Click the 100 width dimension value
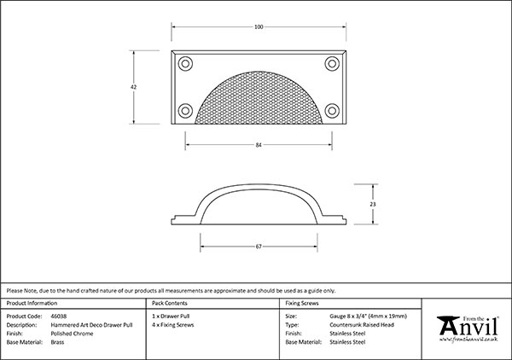(259, 27)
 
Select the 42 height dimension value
(134, 87)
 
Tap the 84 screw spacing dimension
(259, 145)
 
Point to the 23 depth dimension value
(373, 205)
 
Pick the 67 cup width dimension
(259, 247)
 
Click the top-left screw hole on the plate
(185, 64)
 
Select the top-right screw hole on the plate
(332, 64)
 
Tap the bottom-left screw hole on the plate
(185, 111)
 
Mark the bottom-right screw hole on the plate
(332, 111)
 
